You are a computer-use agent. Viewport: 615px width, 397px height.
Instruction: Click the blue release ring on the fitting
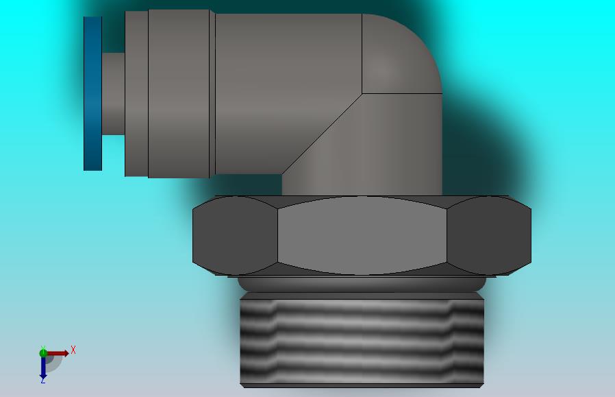click(x=92, y=93)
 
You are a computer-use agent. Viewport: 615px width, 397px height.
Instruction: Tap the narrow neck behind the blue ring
click(x=114, y=94)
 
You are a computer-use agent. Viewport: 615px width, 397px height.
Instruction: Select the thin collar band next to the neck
click(x=136, y=93)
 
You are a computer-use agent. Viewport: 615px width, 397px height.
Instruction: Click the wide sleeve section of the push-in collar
click(x=179, y=93)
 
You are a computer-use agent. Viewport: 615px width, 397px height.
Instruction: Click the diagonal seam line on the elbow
click(x=322, y=134)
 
